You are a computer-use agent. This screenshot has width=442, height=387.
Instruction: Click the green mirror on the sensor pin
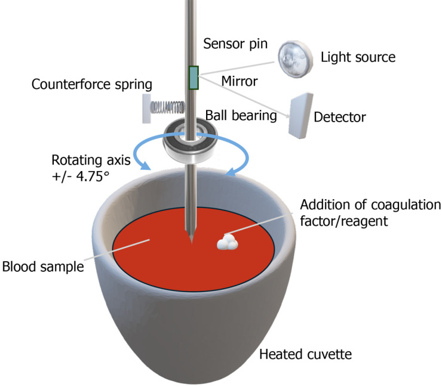193,78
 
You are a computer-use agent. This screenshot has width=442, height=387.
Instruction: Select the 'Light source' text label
358,58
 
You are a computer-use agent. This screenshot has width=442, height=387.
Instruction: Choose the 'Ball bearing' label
241,114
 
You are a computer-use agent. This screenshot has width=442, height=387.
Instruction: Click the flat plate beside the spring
146,109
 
